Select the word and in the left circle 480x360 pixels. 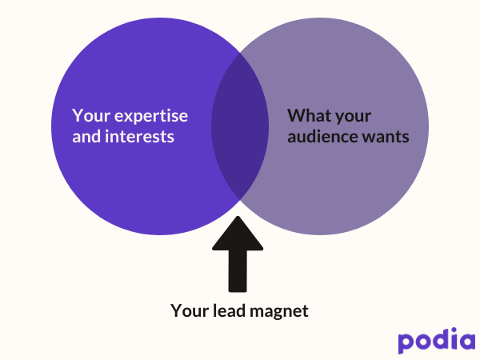(x=86, y=137)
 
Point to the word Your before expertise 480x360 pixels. (x=89, y=115)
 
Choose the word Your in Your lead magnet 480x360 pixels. (x=189, y=310)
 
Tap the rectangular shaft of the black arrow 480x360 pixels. (x=238, y=272)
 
